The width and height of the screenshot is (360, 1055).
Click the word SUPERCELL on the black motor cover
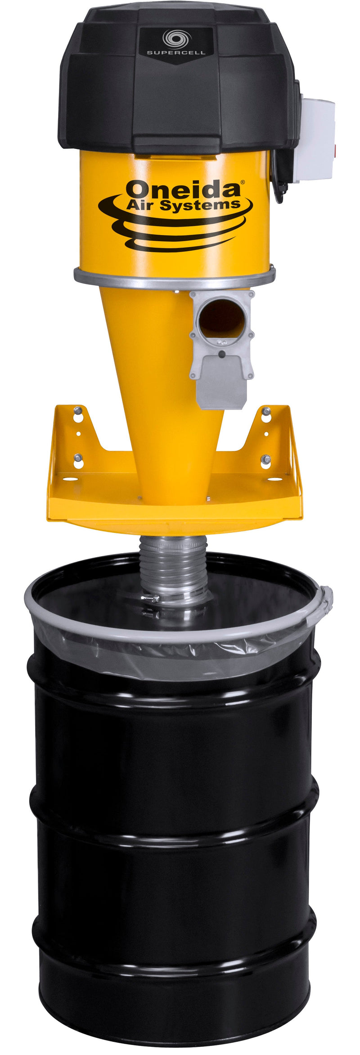(x=176, y=53)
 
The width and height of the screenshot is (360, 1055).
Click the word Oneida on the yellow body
(x=182, y=189)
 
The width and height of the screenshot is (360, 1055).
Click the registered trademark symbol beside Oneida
(x=243, y=182)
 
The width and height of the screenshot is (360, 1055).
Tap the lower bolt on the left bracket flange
(x=78, y=458)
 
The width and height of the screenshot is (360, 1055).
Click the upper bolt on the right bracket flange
(x=266, y=410)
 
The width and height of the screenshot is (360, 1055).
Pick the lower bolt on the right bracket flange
(x=265, y=459)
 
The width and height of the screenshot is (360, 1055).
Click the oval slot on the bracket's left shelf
(x=70, y=479)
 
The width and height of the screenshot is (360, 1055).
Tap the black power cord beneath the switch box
(x=282, y=180)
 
